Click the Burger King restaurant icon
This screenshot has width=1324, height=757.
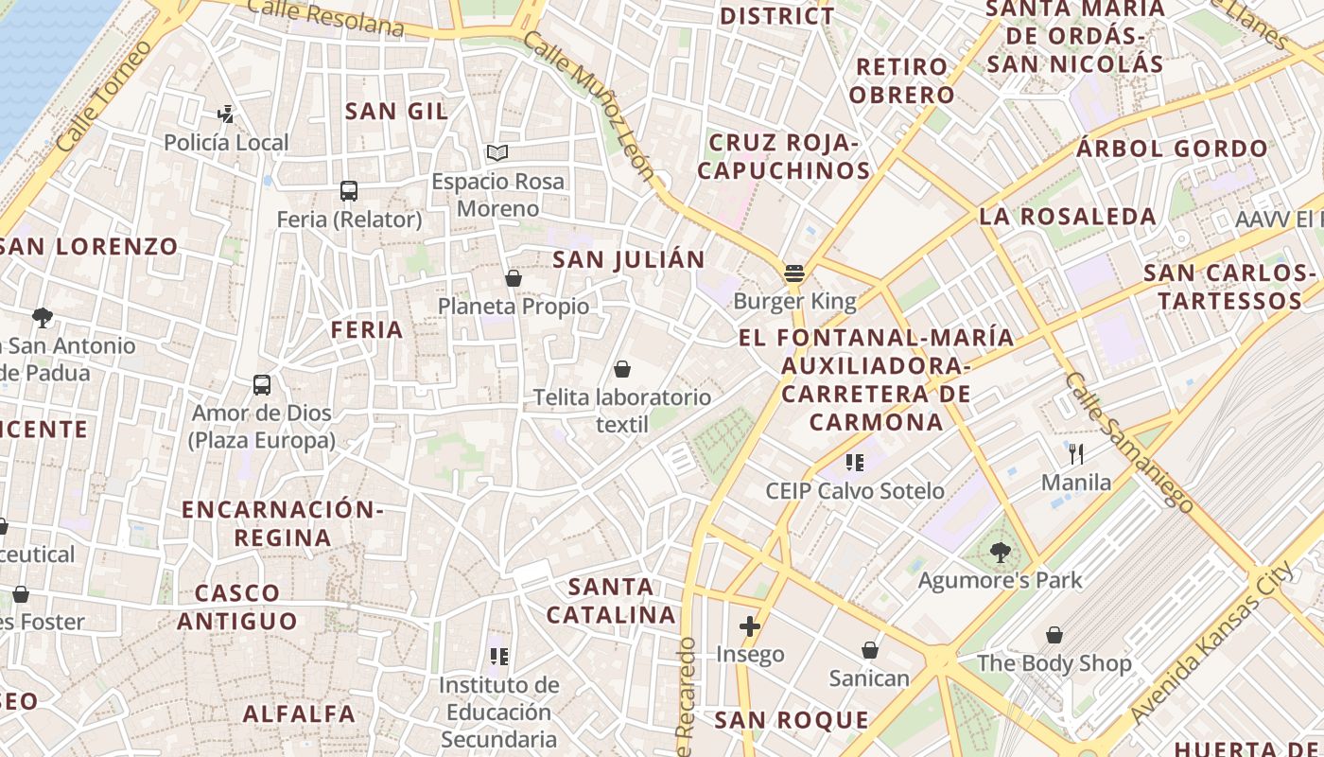tap(794, 274)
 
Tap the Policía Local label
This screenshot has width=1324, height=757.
tap(226, 143)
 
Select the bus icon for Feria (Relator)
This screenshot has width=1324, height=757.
tap(349, 191)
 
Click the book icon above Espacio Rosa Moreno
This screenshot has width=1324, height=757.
tap(497, 152)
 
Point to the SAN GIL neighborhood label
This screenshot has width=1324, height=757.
tap(396, 112)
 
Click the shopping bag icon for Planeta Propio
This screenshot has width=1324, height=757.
tap(514, 278)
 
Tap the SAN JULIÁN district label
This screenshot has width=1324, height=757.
tap(629, 259)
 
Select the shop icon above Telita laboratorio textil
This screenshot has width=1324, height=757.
tap(622, 369)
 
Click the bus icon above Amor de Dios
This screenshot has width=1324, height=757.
tap(262, 385)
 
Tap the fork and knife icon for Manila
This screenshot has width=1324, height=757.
tap(1076, 454)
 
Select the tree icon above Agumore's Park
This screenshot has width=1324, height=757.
tap(1000, 552)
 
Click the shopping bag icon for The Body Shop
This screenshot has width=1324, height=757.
tap(1054, 635)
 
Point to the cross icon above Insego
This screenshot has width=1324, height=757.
tap(750, 626)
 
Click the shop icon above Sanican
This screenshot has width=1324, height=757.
tap(869, 650)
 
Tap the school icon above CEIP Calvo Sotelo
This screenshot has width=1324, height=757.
tap(855, 463)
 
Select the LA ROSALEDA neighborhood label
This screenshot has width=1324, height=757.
tap(1068, 217)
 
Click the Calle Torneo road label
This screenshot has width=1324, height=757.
tap(104, 96)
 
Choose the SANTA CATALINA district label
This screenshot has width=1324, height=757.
tap(612, 601)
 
